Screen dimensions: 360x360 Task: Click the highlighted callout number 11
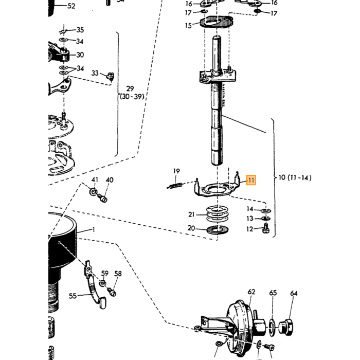pyautogui.click(x=251, y=180)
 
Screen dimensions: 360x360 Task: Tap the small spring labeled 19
pyautogui.click(x=175, y=186)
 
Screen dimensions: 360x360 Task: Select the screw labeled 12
pyautogui.click(x=266, y=228)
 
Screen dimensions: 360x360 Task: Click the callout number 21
pyautogui.click(x=191, y=214)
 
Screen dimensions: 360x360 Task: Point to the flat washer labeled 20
pyautogui.click(x=217, y=230)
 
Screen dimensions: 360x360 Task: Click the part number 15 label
pyautogui.click(x=188, y=26)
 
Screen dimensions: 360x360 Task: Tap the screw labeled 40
pyautogui.click(x=103, y=198)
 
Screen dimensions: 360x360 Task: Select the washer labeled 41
pyautogui.click(x=93, y=191)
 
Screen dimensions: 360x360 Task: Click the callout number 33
pyautogui.click(x=95, y=73)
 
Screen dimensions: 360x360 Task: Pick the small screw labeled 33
pyautogui.click(x=111, y=76)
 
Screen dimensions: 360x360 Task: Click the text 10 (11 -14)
pyautogui.click(x=295, y=177)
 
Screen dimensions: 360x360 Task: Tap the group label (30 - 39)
pyautogui.click(x=132, y=97)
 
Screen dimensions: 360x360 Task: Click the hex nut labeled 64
pyautogui.click(x=285, y=327)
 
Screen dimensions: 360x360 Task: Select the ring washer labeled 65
pyautogui.click(x=272, y=327)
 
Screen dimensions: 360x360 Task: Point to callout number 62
pyautogui.click(x=251, y=292)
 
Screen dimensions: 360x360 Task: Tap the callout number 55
pyautogui.click(x=73, y=296)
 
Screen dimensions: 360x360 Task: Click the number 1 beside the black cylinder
pyautogui.click(x=93, y=229)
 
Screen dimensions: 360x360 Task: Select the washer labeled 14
pyautogui.click(x=266, y=210)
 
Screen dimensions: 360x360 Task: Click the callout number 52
pyautogui.click(x=71, y=6)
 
